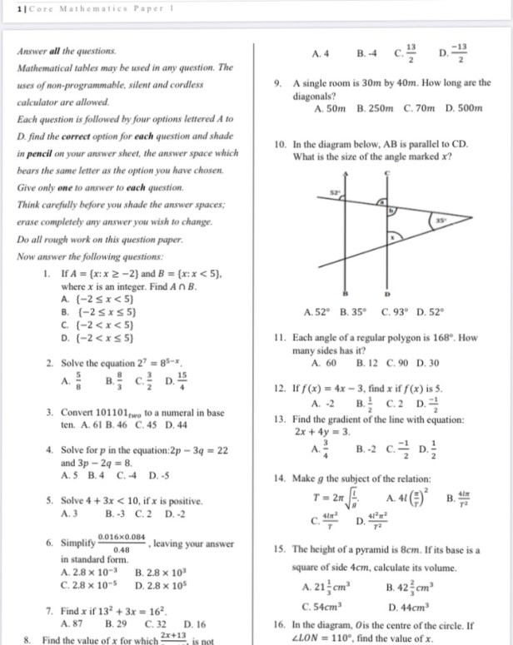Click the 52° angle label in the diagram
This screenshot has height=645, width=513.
pyautogui.click(x=336, y=192)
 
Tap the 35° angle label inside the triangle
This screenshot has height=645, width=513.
pyautogui.click(x=440, y=220)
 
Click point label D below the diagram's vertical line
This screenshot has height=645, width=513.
pyautogui.click(x=387, y=295)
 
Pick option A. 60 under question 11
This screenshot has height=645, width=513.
pyautogui.click(x=323, y=364)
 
